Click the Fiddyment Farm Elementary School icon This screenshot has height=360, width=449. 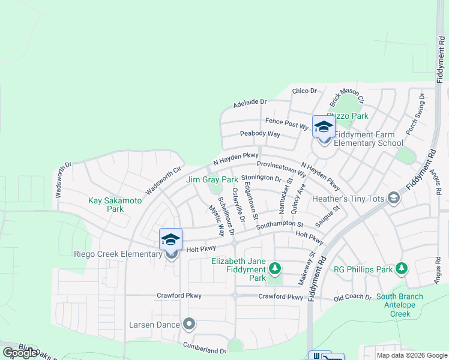[324, 127]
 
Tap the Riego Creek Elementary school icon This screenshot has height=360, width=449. [171, 240]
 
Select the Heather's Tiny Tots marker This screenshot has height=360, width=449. [394, 197]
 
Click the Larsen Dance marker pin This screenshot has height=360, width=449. [190, 325]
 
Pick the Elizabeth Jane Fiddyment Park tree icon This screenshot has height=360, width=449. [275, 267]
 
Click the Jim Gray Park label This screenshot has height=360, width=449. [212, 179]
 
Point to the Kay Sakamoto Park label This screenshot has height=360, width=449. [114, 205]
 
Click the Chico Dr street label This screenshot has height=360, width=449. [304, 91]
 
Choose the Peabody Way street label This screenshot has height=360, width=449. [260, 134]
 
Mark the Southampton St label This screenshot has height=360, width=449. [280, 224]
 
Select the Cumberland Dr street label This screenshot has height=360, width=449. [205, 349]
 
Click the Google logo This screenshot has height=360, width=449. [20, 353]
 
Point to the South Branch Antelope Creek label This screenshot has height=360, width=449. [399, 305]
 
